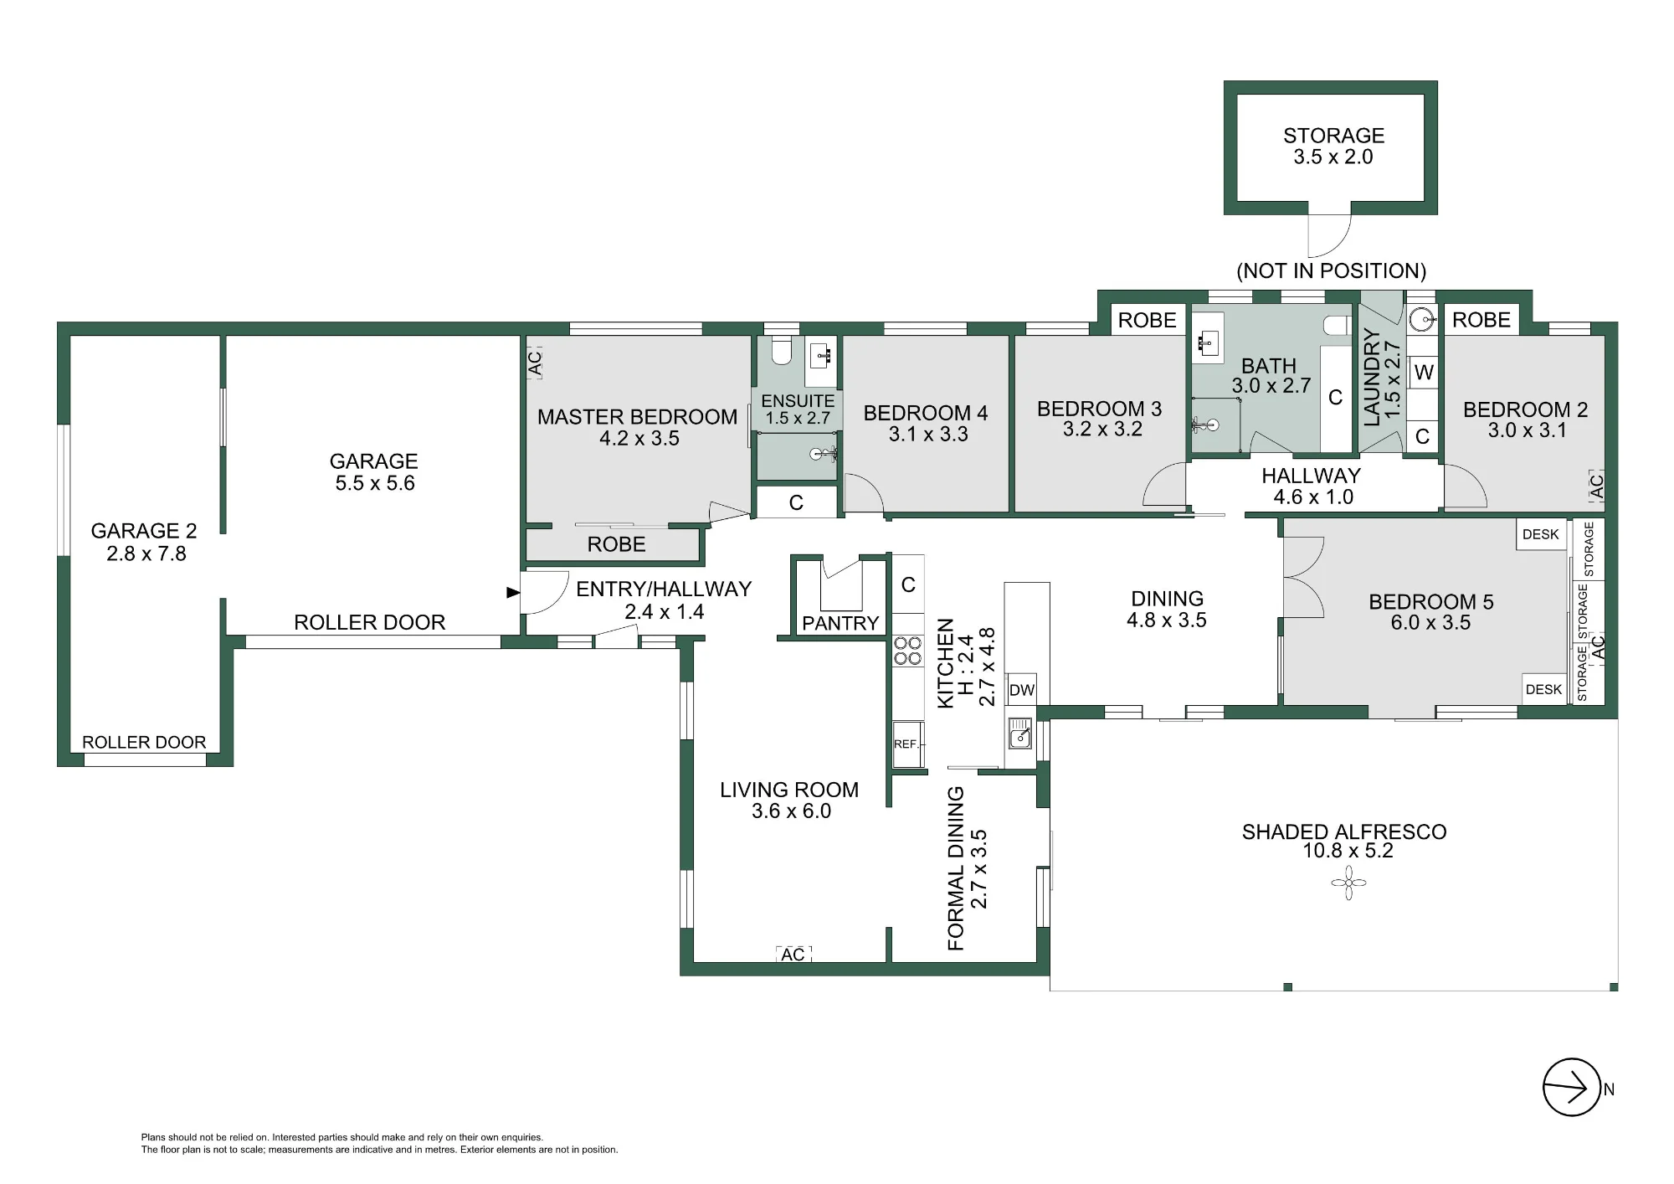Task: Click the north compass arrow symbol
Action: click(1571, 1087)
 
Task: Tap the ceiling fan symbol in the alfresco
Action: click(1348, 883)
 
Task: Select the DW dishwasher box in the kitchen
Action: click(1021, 690)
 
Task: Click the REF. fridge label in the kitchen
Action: click(906, 744)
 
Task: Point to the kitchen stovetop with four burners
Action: click(907, 651)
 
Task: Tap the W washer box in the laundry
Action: click(1424, 372)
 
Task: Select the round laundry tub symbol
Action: click(1421, 319)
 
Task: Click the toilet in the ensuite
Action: click(781, 350)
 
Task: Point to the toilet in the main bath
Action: click(1338, 326)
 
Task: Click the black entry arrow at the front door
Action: click(512, 593)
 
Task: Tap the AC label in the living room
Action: click(793, 955)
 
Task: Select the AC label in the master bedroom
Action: click(535, 363)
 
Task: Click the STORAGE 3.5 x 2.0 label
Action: click(1333, 146)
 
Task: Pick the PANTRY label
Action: click(840, 623)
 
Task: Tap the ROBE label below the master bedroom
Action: click(616, 544)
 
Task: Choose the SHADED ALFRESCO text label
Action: click(1344, 831)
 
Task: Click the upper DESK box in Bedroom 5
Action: click(1541, 534)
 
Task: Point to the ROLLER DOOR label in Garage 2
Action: click(144, 742)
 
